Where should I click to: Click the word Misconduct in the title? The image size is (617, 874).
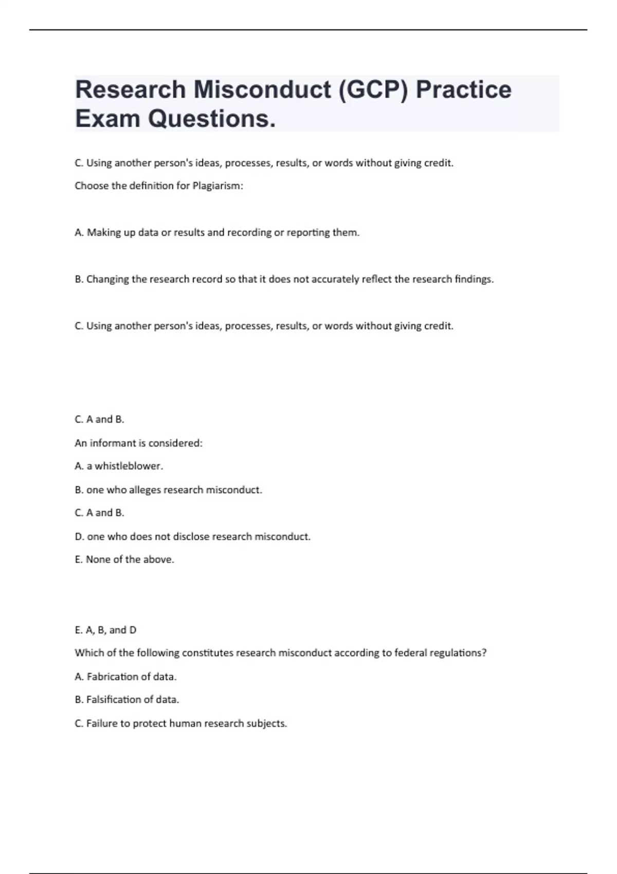262,89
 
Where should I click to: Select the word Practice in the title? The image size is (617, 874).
463,89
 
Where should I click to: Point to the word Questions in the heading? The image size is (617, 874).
211,119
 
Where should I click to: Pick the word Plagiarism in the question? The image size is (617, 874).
216,186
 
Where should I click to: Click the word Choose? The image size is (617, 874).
92,186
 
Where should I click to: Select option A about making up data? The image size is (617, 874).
217,233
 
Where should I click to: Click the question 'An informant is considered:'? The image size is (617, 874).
138,443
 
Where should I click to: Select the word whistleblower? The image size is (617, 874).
128,466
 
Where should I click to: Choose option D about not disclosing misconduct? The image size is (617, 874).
192,537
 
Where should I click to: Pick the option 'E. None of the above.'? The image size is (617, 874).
124,560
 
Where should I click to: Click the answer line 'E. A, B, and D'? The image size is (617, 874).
105,630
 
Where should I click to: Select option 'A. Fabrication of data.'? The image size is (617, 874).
125,677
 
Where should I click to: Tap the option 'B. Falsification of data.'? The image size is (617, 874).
126,700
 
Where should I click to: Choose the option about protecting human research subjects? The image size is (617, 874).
180,724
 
